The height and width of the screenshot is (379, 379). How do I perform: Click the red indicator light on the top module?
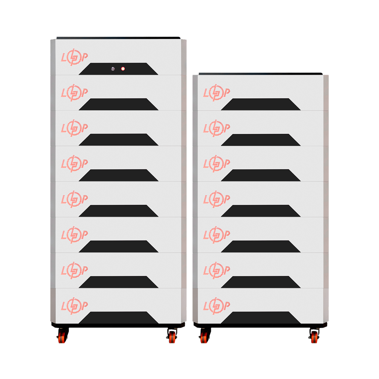coord(123,69)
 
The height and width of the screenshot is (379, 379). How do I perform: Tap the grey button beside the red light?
coord(113,69)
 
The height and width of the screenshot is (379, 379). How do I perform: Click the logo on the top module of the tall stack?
coord(74,57)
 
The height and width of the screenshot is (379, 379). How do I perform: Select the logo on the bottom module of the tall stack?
coord(74,306)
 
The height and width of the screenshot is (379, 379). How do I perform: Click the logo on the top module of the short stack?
coord(216,93)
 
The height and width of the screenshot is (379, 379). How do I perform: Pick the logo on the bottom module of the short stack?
coord(216,306)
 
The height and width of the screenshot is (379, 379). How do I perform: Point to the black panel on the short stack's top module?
coord(261,105)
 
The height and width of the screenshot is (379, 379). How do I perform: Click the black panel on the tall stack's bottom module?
coord(118,318)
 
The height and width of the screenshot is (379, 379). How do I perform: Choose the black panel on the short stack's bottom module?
coord(261,318)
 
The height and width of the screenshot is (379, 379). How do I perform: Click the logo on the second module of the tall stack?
coord(74,93)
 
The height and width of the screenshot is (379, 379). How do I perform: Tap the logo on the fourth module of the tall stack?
coord(74,164)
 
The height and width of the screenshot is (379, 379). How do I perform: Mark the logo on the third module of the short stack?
coord(216,164)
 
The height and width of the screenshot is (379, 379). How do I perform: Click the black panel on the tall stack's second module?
coord(118,105)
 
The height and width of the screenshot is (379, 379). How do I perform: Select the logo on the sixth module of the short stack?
coord(216,270)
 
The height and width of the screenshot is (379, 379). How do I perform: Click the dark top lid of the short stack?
coord(260,73)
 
